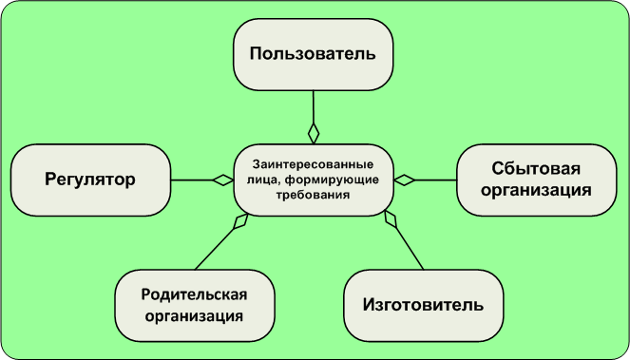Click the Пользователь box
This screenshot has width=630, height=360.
click(x=313, y=53)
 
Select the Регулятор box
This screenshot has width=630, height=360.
click(x=90, y=179)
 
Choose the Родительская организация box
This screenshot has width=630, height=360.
click(x=195, y=305)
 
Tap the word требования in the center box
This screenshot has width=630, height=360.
click(x=313, y=195)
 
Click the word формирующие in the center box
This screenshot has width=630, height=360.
click(x=338, y=179)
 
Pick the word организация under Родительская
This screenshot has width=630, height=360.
click(x=195, y=315)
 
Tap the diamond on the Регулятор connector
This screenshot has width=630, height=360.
click(x=223, y=179)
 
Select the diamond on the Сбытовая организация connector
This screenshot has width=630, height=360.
click(x=404, y=179)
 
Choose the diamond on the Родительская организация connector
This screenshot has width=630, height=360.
click(x=239, y=221)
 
